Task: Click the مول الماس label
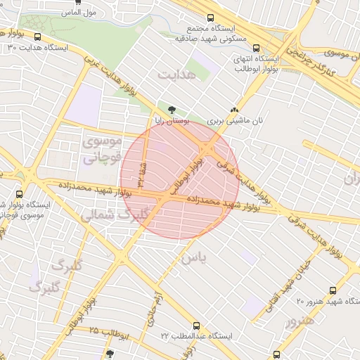pyautogui.click(x=79, y=13)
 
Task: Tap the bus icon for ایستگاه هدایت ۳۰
pyautogui.click(x=37, y=37)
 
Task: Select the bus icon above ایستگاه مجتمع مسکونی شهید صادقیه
pyautogui.click(x=210, y=19)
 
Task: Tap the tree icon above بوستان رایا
pyautogui.click(x=172, y=109)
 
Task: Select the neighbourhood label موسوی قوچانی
pyautogui.click(x=102, y=149)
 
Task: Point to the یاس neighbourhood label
pyautogui.click(x=195, y=259)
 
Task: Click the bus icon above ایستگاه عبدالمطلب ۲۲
pyautogui.click(x=195, y=326)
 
